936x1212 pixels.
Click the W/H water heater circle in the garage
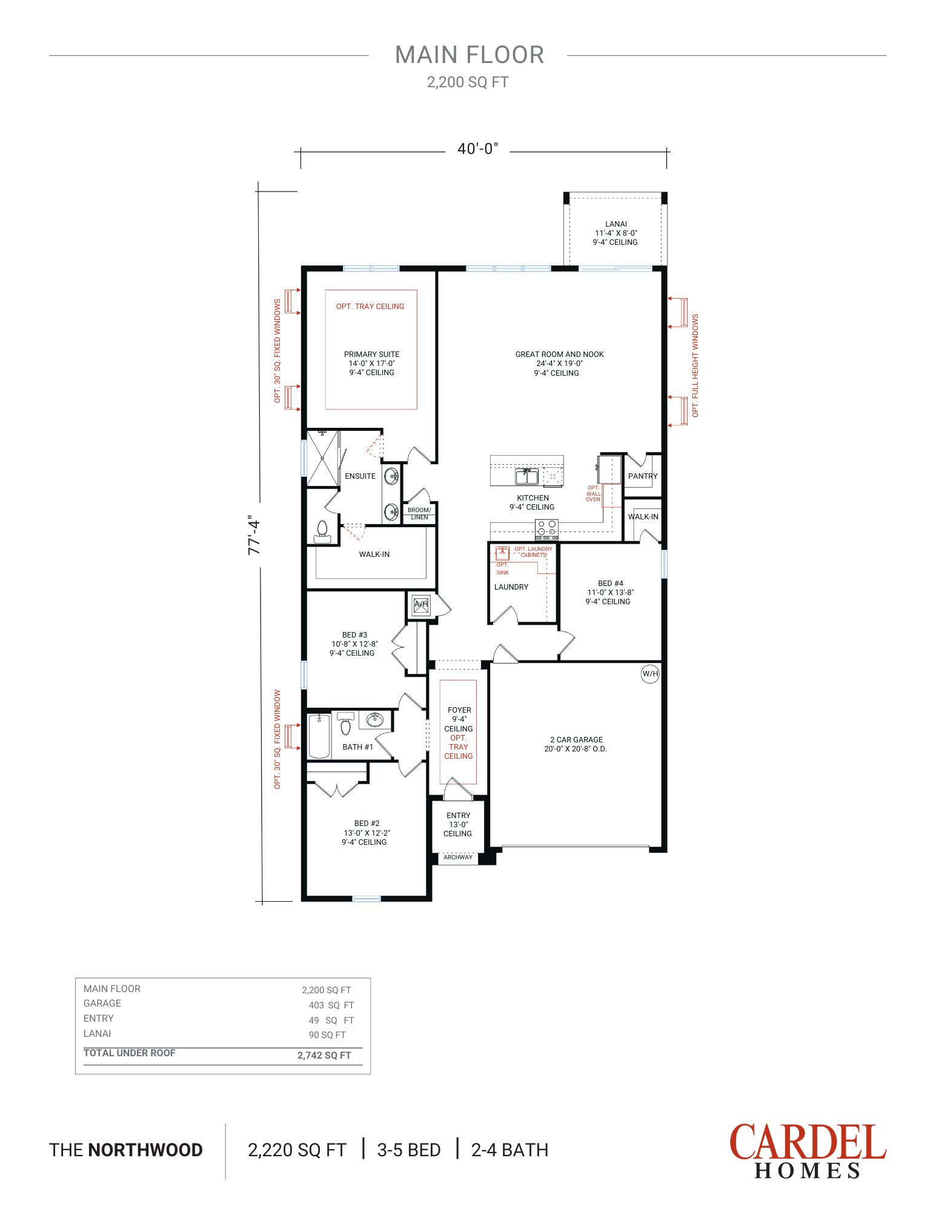point(650,674)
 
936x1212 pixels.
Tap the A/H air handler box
point(421,604)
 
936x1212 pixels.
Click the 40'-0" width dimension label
point(478,149)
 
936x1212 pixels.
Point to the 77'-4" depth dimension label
point(254,536)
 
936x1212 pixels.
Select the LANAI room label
point(616,224)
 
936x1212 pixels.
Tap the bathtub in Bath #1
point(319,736)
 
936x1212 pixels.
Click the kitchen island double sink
point(527,476)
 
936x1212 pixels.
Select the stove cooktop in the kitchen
point(546,530)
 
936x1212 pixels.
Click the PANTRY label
point(643,476)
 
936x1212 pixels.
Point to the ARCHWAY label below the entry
point(458,857)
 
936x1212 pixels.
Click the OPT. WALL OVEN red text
point(593,493)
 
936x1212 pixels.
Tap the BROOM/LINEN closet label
point(419,513)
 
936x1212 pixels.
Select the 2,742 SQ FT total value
point(324,1056)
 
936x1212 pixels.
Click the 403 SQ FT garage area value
point(331,1005)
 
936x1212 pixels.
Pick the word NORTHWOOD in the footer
point(145,1150)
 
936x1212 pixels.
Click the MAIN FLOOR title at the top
point(470,55)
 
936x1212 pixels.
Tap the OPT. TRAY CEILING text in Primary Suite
point(370,307)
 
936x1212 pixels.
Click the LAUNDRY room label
point(511,587)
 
